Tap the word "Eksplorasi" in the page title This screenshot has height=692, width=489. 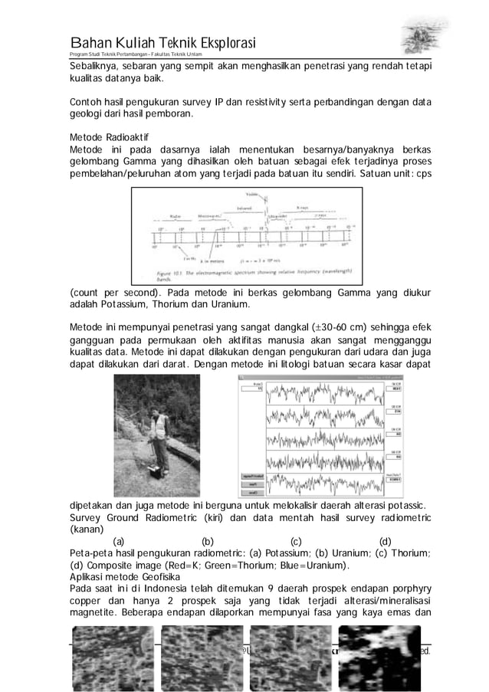(219, 41)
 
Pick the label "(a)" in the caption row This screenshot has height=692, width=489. (119, 542)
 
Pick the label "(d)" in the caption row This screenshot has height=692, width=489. (386, 542)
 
